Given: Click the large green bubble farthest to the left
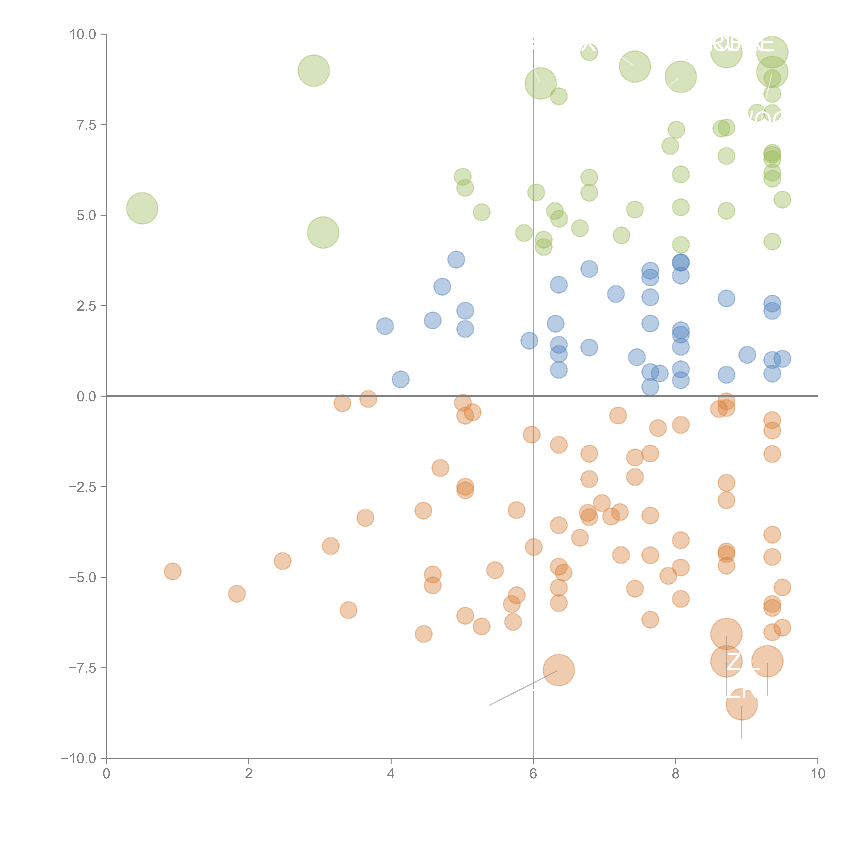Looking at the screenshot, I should tap(142, 208).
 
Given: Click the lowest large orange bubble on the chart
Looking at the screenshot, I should tap(741, 704).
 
